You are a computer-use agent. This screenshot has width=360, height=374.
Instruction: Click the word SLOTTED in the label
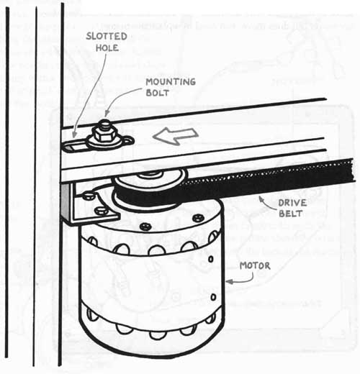[107, 37]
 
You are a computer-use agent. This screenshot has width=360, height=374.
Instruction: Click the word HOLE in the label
[107, 47]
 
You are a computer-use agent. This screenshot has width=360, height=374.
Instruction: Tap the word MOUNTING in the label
[171, 82]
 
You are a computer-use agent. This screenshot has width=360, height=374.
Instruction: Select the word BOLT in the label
[158, 93]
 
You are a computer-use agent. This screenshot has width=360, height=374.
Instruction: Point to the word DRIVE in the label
[292, 203]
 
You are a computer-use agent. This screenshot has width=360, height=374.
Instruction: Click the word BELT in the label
[290, 213]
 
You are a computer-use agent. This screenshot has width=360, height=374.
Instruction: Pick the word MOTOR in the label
[255, 265]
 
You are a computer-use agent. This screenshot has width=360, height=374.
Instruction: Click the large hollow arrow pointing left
[176, 135]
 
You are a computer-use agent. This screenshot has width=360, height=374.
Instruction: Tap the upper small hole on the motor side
[210, 259]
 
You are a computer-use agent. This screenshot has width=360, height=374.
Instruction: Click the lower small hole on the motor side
[213, 297]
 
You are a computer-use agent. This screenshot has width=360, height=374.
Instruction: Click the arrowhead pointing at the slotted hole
[73, 134]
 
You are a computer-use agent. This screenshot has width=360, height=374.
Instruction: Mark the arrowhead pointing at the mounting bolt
[107, 114]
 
